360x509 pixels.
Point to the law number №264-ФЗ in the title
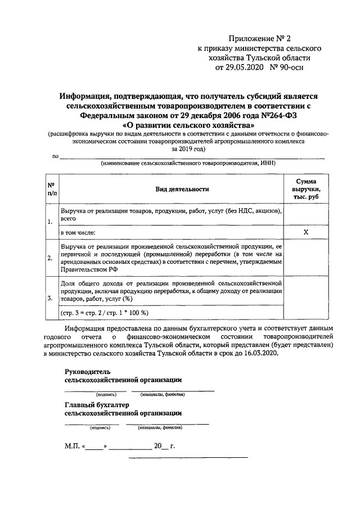[263, 115]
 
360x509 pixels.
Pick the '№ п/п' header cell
[51, 190]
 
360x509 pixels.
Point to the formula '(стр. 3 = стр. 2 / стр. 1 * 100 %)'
[105, 313]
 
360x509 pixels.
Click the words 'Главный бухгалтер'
[97, 404]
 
